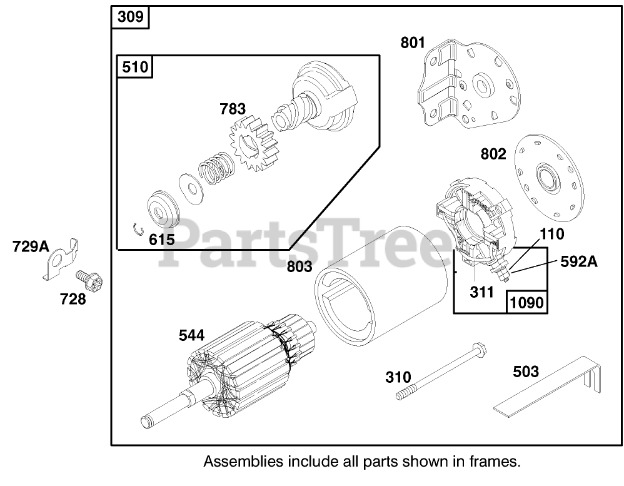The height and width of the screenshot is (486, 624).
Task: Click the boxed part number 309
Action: [x=131, y=18]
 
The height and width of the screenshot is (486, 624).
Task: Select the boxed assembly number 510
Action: [x=135, y=66]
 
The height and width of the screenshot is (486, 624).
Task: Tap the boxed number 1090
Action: [x=526, y=302]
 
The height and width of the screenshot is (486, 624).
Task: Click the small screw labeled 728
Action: [x=88, y=281]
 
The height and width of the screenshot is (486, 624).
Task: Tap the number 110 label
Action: [x=551, y=235]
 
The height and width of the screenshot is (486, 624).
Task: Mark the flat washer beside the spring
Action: [x=188, y=185]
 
